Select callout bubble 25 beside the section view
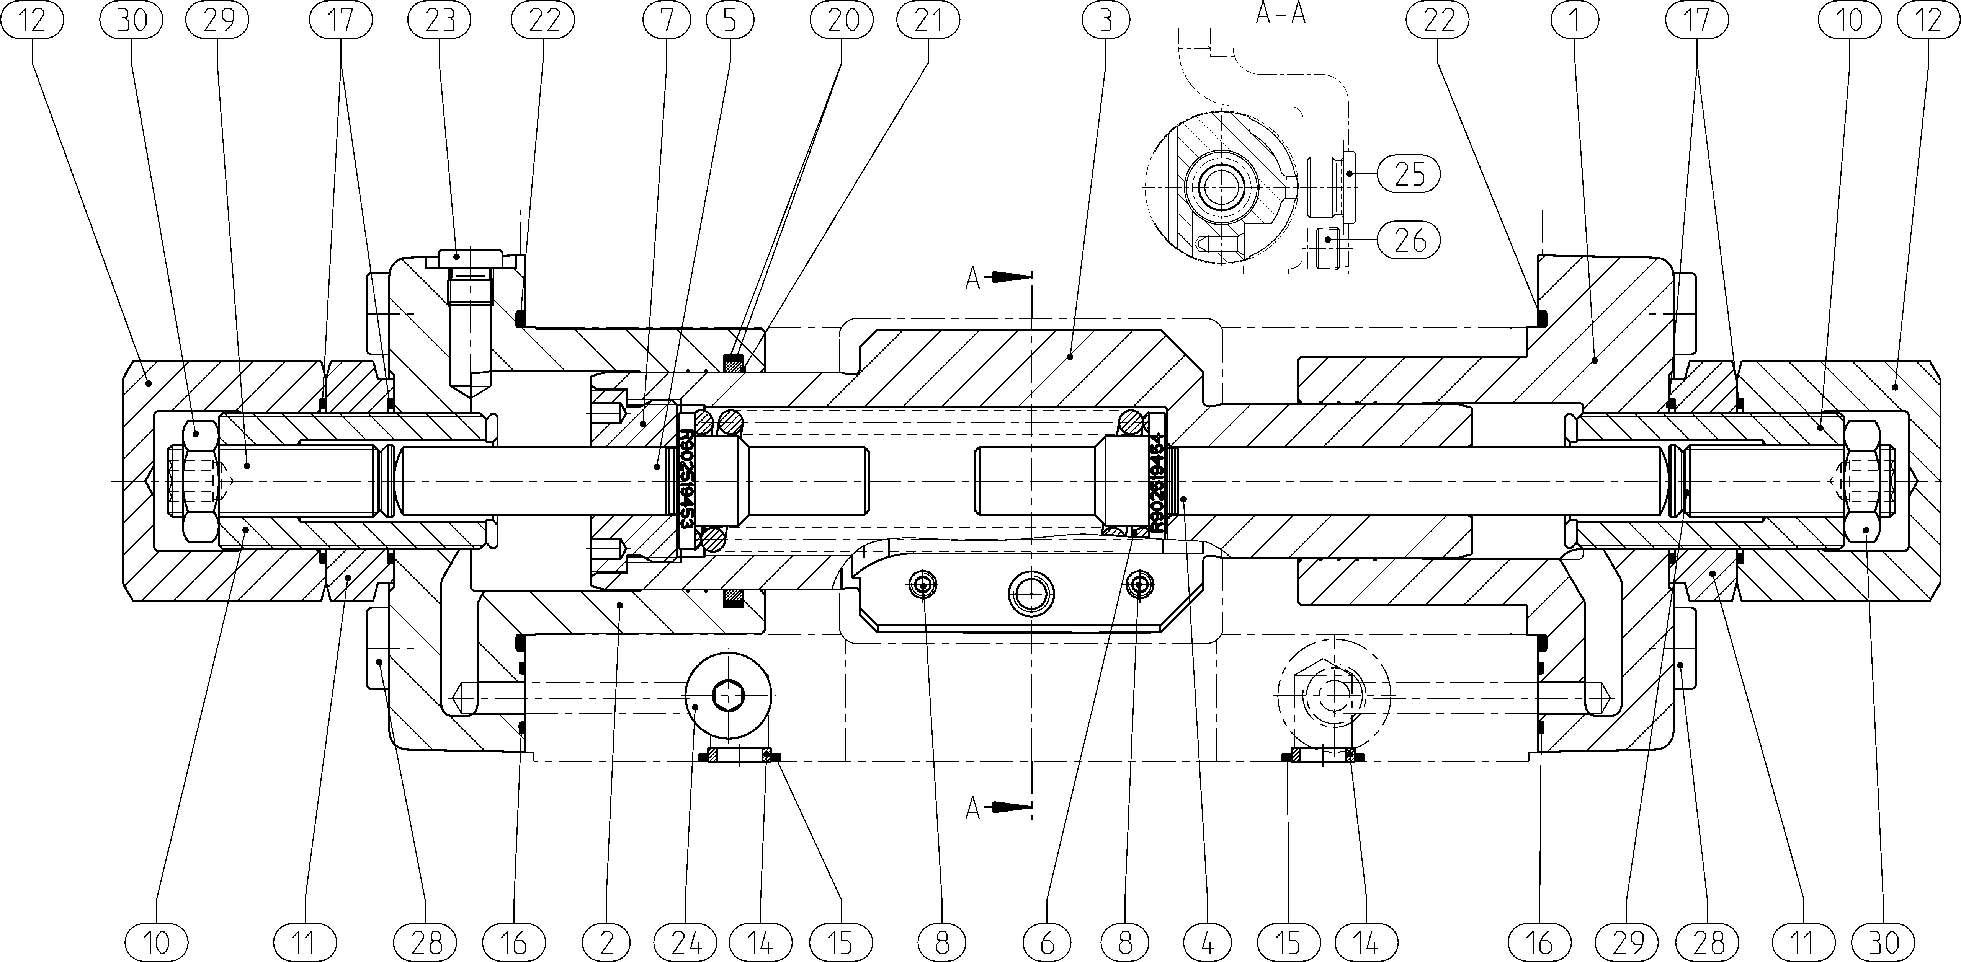pyautogui.click(x=1409, y=174)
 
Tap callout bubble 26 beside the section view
pyautogui.click(x=1409, y=240)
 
